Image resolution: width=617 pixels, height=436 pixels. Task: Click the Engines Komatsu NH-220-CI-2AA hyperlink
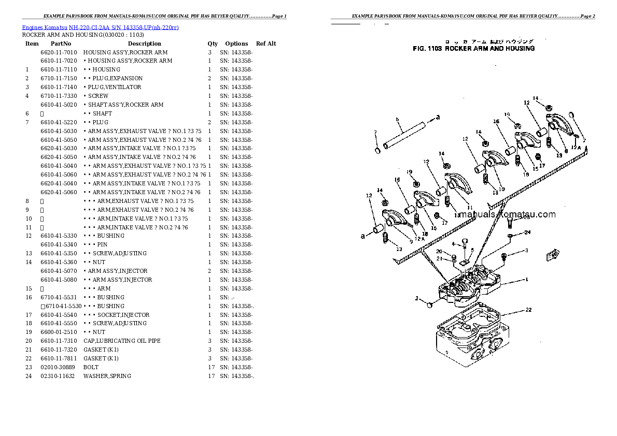(x=100, y=27)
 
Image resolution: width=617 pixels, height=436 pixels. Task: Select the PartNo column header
(x=61, y=44)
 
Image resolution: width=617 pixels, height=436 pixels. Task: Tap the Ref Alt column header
(x=266, y=44)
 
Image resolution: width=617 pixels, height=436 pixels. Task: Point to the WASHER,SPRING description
(x=107, y=376)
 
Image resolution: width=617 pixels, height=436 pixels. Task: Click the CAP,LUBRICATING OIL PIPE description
(x=122, y=341)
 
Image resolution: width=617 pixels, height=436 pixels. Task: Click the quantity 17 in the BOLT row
(x=211, y=367)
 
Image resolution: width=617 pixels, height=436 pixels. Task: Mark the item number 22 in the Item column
(x=29, y=358)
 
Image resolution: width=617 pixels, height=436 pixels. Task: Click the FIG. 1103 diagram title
(x=473, y=49)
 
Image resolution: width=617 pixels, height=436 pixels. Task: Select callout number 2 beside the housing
(x=416, y=299)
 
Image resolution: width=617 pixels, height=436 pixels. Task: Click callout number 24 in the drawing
(x=527, y=232)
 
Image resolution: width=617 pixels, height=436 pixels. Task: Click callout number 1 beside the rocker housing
(x=526, y=280)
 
